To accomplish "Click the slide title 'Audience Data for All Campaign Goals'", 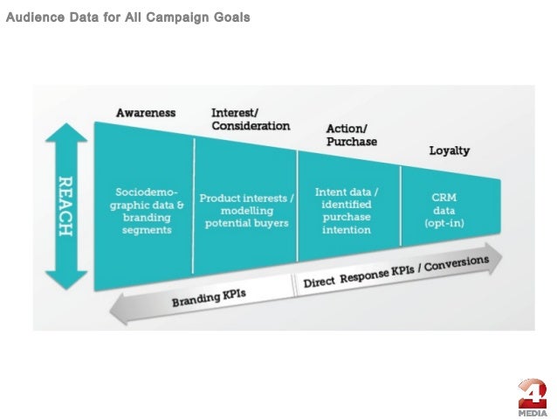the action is pos(127,17).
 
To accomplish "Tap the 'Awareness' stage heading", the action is pos(146,113).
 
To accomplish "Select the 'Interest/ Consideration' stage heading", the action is pos(250,119).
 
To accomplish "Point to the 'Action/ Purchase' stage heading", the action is pos(351,135).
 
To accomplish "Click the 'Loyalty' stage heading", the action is pos(449,150).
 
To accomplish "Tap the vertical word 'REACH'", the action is pos(65,206).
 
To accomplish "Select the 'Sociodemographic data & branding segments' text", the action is pos(146,211).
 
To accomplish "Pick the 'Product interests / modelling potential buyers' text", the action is pos(246,211).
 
